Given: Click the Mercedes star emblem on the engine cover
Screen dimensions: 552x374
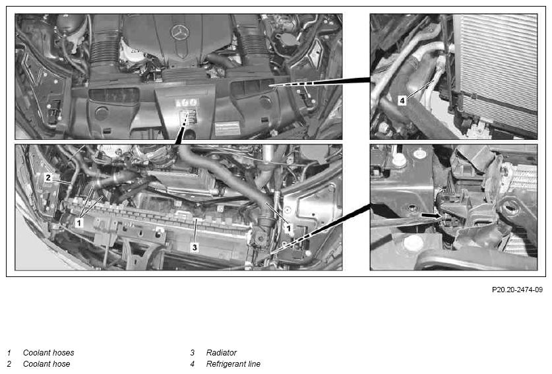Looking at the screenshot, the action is point(180,32).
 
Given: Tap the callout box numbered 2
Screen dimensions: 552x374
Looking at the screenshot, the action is point(48,178).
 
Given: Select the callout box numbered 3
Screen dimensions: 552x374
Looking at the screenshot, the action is point(195,247).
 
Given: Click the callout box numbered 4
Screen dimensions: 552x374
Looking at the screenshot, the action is point(402,100).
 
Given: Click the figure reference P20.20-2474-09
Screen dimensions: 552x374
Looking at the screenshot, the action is point(517,290).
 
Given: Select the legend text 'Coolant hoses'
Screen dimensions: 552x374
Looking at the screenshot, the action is point(49,352).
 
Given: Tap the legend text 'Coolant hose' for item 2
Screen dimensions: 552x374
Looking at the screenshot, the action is point(46,364).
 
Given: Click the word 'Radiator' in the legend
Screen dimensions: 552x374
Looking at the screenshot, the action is point(222,352).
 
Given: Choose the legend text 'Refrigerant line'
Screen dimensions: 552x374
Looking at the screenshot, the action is point(233,364).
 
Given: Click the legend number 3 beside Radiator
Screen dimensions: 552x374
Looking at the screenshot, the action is point(192,352).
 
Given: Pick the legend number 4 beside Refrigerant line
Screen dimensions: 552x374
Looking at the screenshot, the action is point(192,364).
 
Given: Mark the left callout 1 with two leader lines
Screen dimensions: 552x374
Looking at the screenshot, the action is point(79,222).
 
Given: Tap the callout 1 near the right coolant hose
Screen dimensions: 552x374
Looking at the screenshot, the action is point(289,228).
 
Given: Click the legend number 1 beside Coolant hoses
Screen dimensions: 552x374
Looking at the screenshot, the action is point(9,352).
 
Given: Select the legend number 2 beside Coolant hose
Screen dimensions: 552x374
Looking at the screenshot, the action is point(9,364).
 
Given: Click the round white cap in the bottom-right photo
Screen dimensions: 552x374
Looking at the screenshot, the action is point(413,243).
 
